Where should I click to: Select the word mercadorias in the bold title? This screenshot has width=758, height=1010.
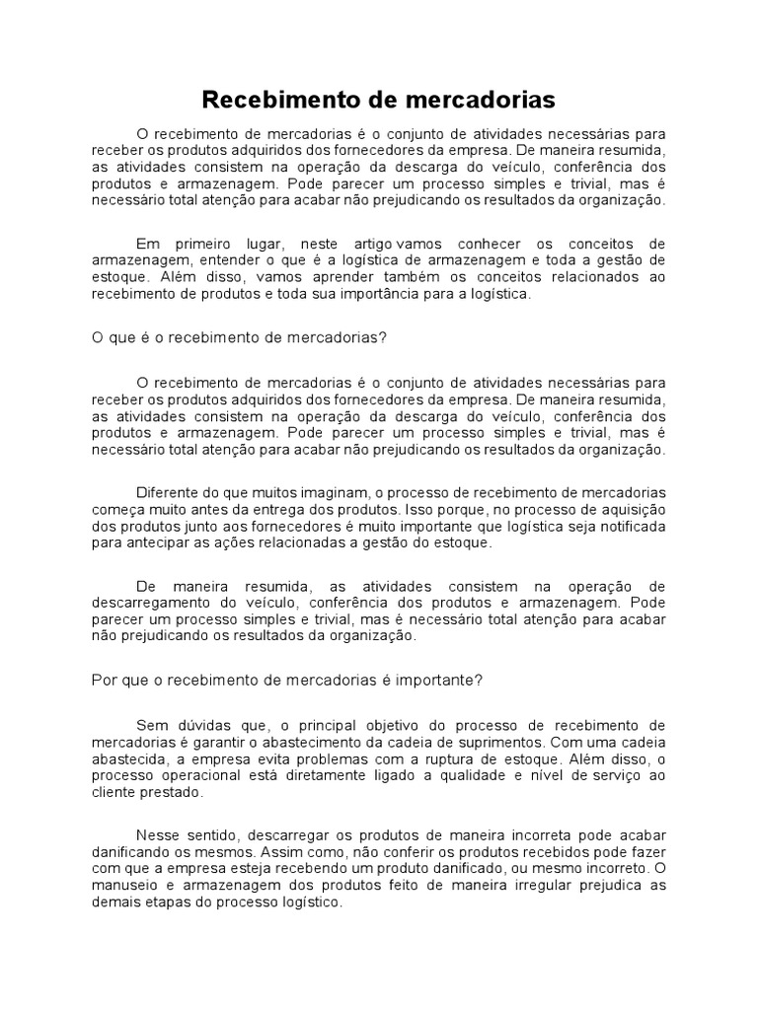(473, 100)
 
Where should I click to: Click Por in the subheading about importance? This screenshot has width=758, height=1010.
(105, 680)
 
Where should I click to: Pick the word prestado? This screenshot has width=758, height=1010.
(174, 792)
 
